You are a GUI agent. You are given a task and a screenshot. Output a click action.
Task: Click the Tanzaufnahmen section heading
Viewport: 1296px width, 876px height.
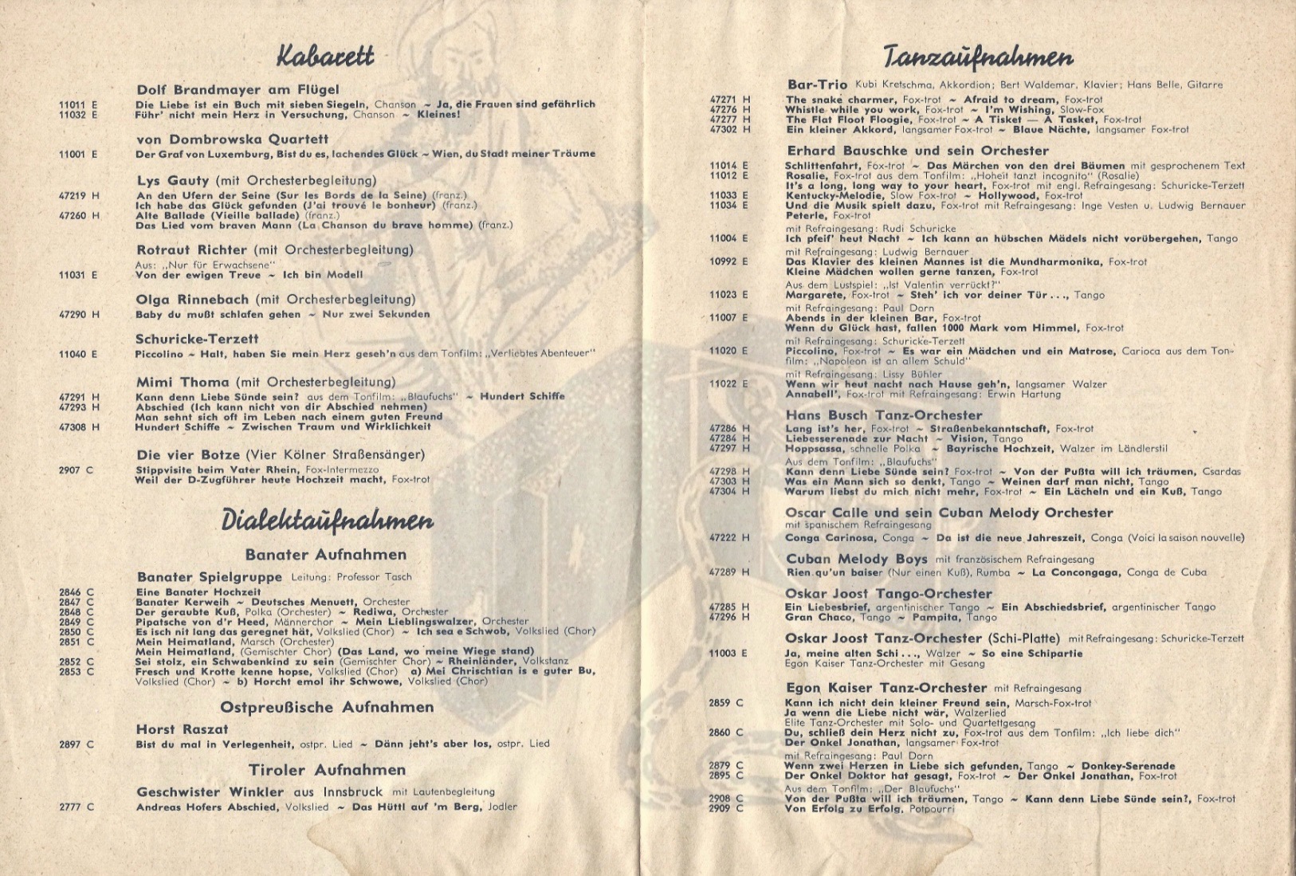[978, 57]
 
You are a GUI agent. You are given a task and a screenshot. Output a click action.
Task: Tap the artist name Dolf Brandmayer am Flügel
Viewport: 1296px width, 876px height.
[238, 89]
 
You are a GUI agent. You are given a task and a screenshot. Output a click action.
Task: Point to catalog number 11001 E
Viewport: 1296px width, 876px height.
[77, 154]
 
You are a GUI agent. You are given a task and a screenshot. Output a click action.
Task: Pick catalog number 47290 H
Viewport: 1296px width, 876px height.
[79, 315]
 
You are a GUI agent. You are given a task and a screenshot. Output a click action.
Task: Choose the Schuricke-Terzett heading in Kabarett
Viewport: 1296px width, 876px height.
[197, 339]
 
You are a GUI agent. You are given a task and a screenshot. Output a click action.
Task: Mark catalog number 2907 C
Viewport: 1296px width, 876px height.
[76, 470]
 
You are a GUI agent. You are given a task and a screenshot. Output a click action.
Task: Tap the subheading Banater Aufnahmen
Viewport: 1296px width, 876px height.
[325, 554]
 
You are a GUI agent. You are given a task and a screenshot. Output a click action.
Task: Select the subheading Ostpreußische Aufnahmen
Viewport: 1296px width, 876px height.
[327, 707]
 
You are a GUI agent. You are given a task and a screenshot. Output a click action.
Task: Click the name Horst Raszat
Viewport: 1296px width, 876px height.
[182, 729]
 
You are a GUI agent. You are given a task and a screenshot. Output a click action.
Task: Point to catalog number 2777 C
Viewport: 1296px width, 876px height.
[77, 807]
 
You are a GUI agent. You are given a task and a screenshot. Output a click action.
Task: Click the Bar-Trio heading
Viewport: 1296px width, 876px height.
[817, 84]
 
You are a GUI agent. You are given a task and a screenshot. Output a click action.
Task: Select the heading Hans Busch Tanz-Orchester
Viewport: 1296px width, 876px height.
[884, 414]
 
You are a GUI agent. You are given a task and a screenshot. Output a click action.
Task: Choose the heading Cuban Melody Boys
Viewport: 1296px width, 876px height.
[856, 559]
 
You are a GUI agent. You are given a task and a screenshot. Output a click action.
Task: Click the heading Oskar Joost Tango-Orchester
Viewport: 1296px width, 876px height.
[888, 593]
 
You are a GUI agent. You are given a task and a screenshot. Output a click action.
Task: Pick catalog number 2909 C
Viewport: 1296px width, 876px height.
[725, 808]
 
